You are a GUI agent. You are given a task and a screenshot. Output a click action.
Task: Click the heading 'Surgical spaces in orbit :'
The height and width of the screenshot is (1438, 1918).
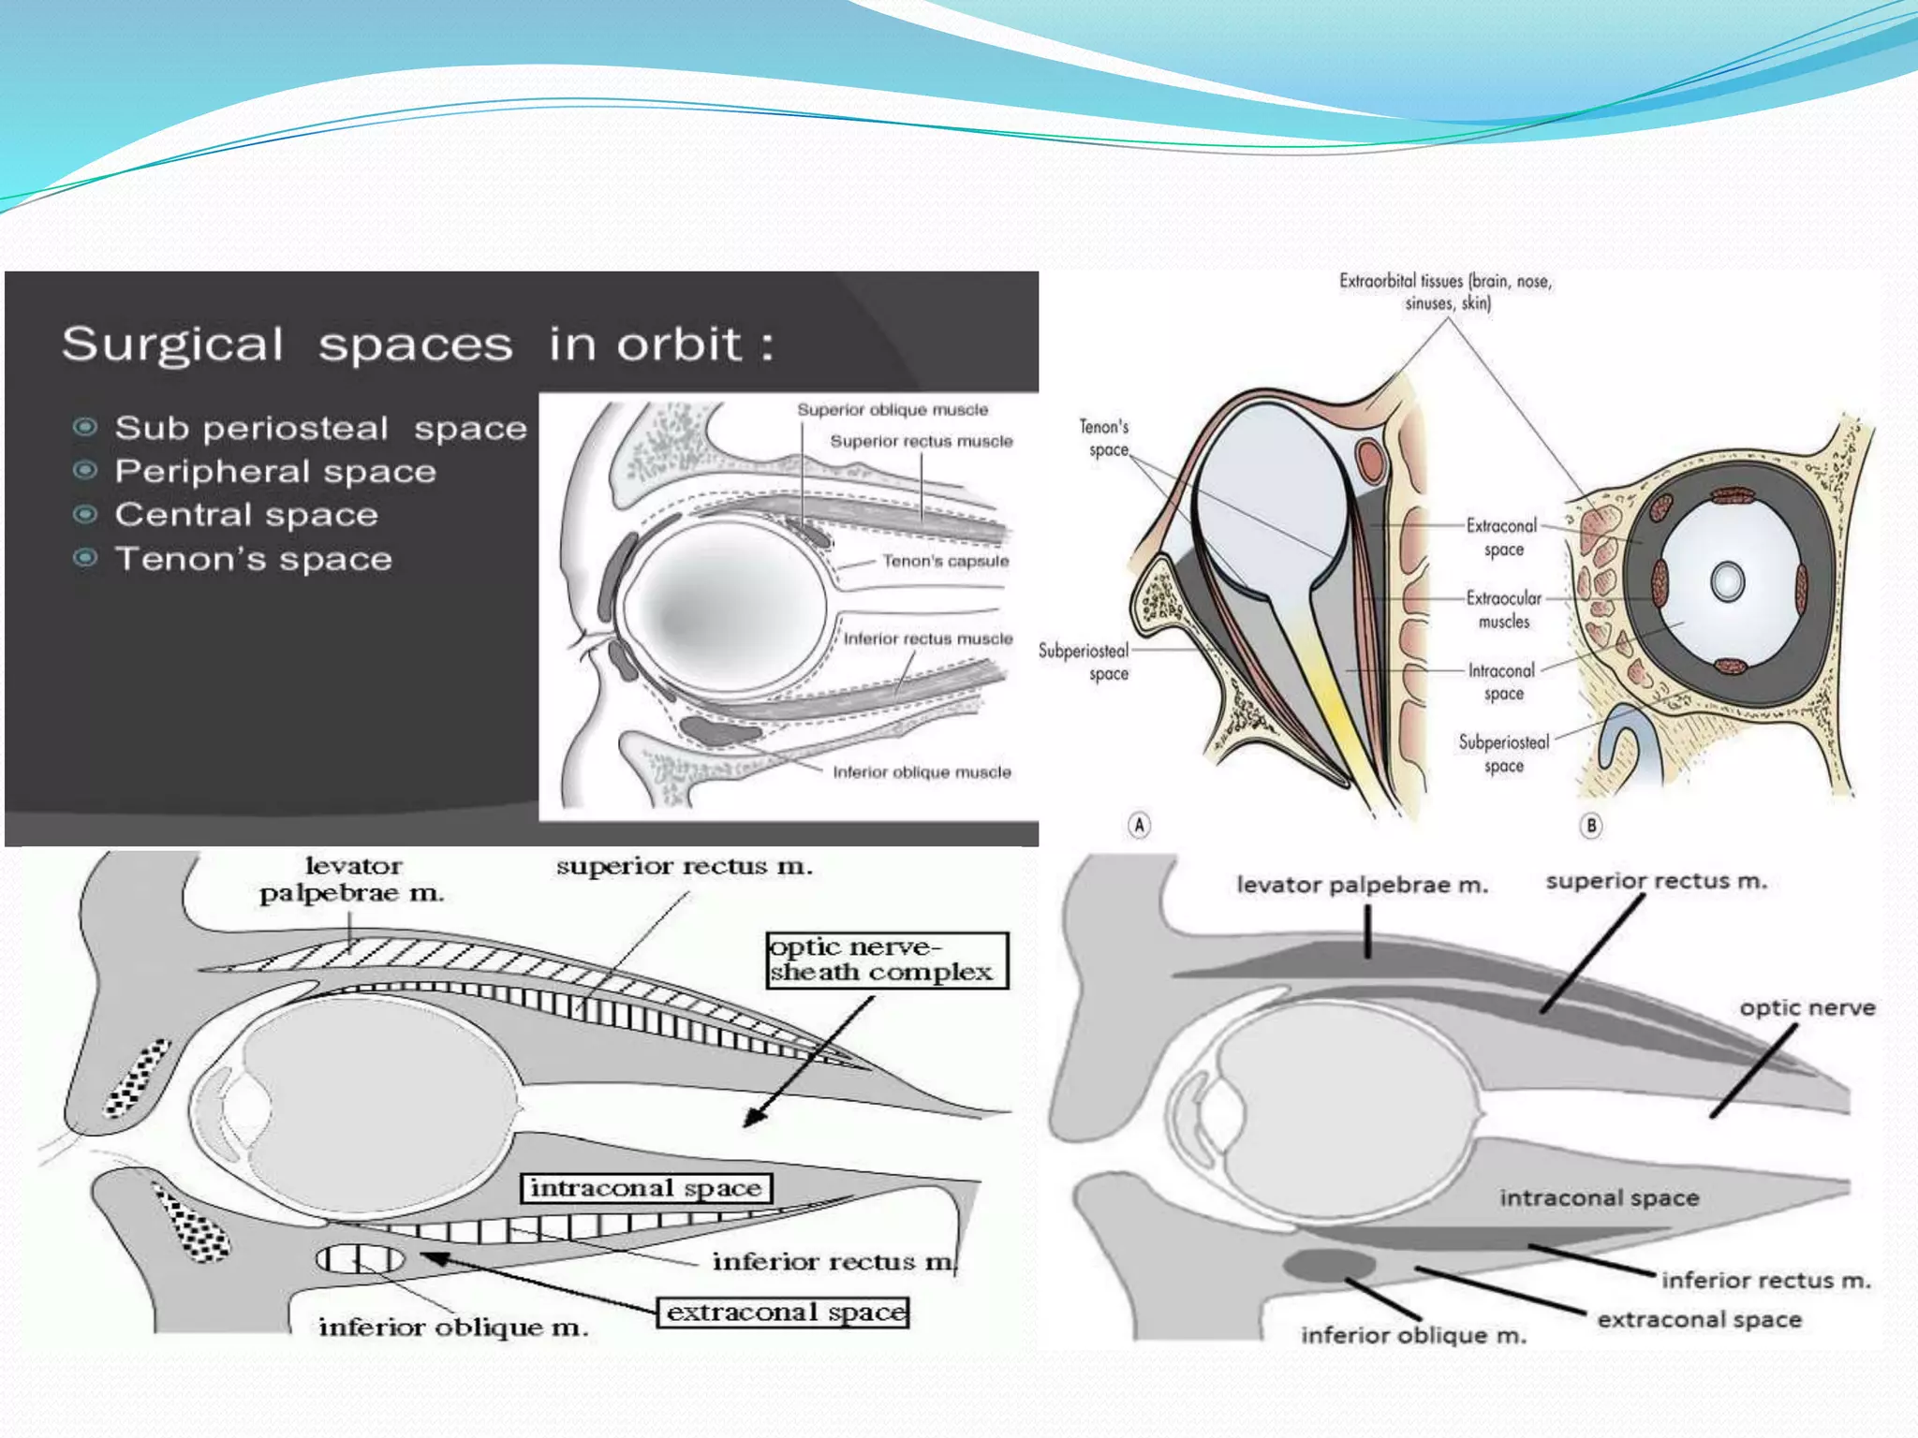(418, 345)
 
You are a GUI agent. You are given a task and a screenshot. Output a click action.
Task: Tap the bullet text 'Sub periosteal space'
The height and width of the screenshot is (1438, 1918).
(320, 429)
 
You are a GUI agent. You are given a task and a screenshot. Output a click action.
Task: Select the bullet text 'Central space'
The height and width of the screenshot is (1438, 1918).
(246, 515)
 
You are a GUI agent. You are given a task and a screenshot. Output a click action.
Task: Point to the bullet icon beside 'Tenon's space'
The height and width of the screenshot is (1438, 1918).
(85, 559)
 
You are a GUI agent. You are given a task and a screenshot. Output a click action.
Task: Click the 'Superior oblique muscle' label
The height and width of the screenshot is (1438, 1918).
(893, 410)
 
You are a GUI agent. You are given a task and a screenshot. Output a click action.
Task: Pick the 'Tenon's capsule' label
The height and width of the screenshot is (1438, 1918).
(946, 562)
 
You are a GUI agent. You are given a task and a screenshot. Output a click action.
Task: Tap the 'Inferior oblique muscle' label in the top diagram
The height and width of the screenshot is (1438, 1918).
(922, 772)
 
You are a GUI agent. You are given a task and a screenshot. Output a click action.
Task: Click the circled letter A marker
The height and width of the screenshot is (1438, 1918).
(1139, 825)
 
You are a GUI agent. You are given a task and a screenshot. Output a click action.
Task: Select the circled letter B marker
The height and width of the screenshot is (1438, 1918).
(1591, 825)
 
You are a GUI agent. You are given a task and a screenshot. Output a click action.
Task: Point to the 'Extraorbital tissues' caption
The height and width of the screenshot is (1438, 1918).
(1445, 291)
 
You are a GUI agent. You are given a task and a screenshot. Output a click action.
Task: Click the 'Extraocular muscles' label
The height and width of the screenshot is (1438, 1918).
(1503, 609)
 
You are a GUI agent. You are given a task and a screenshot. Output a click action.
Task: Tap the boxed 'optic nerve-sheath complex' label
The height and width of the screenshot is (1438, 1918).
(886, 960)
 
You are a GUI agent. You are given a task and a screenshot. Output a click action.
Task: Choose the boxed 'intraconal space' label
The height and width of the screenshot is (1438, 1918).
(646, 1188)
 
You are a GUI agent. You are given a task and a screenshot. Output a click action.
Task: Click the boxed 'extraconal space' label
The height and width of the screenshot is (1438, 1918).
(785, 1313)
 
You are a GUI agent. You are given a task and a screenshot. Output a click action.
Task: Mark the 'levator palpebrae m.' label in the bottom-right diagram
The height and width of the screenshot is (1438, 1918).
(1362, 885)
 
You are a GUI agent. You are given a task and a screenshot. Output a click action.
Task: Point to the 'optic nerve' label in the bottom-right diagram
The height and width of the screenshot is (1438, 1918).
(1807, 1008)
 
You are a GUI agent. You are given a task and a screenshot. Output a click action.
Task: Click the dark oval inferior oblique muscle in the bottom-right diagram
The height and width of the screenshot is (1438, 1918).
(1328, 1266)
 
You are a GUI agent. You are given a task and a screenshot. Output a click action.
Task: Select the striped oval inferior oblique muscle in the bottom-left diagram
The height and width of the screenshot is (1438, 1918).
(360, 1260)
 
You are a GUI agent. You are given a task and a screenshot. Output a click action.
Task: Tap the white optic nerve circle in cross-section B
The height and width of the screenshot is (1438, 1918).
(1727, 581)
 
